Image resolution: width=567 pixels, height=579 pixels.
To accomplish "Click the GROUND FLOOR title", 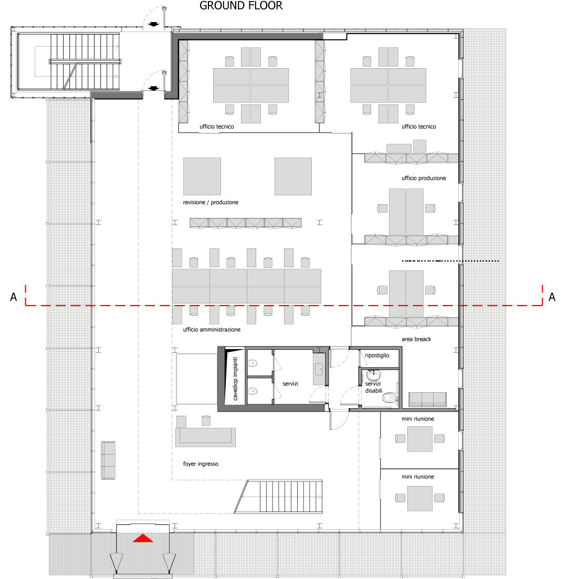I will click(x=241, y=6).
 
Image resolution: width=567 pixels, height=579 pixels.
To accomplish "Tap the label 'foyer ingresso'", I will click(x=201, y=464).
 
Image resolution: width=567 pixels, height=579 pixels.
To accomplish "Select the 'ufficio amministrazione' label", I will click(x=212, y=330).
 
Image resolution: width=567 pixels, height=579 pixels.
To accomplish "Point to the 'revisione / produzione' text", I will click(x=211, y=202).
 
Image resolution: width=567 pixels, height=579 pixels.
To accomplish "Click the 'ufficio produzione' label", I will click(x=424, y=178).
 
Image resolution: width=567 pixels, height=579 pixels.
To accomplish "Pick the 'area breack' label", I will click(x=416, y=339).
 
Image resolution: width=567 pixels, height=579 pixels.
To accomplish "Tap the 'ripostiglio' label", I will click(x=377, y=355).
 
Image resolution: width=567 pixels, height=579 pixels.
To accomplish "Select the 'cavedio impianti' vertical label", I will click(x=236, y=378).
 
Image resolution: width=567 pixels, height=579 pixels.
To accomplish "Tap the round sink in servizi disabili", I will click(x=373, y=375).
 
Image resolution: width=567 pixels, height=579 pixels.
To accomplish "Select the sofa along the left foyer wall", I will click(x=109, y=460).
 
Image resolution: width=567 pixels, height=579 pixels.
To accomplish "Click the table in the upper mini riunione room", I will click(x=419, y=439).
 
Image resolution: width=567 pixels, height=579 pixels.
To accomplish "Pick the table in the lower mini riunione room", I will click(x=419, y=498).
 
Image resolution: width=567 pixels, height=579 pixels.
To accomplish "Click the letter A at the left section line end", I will click(x=14, y=298).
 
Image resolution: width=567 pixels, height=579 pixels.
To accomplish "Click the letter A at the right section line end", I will click(x=552, y=298).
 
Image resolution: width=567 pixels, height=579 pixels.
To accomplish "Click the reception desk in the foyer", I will click(x=205, y=436).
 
